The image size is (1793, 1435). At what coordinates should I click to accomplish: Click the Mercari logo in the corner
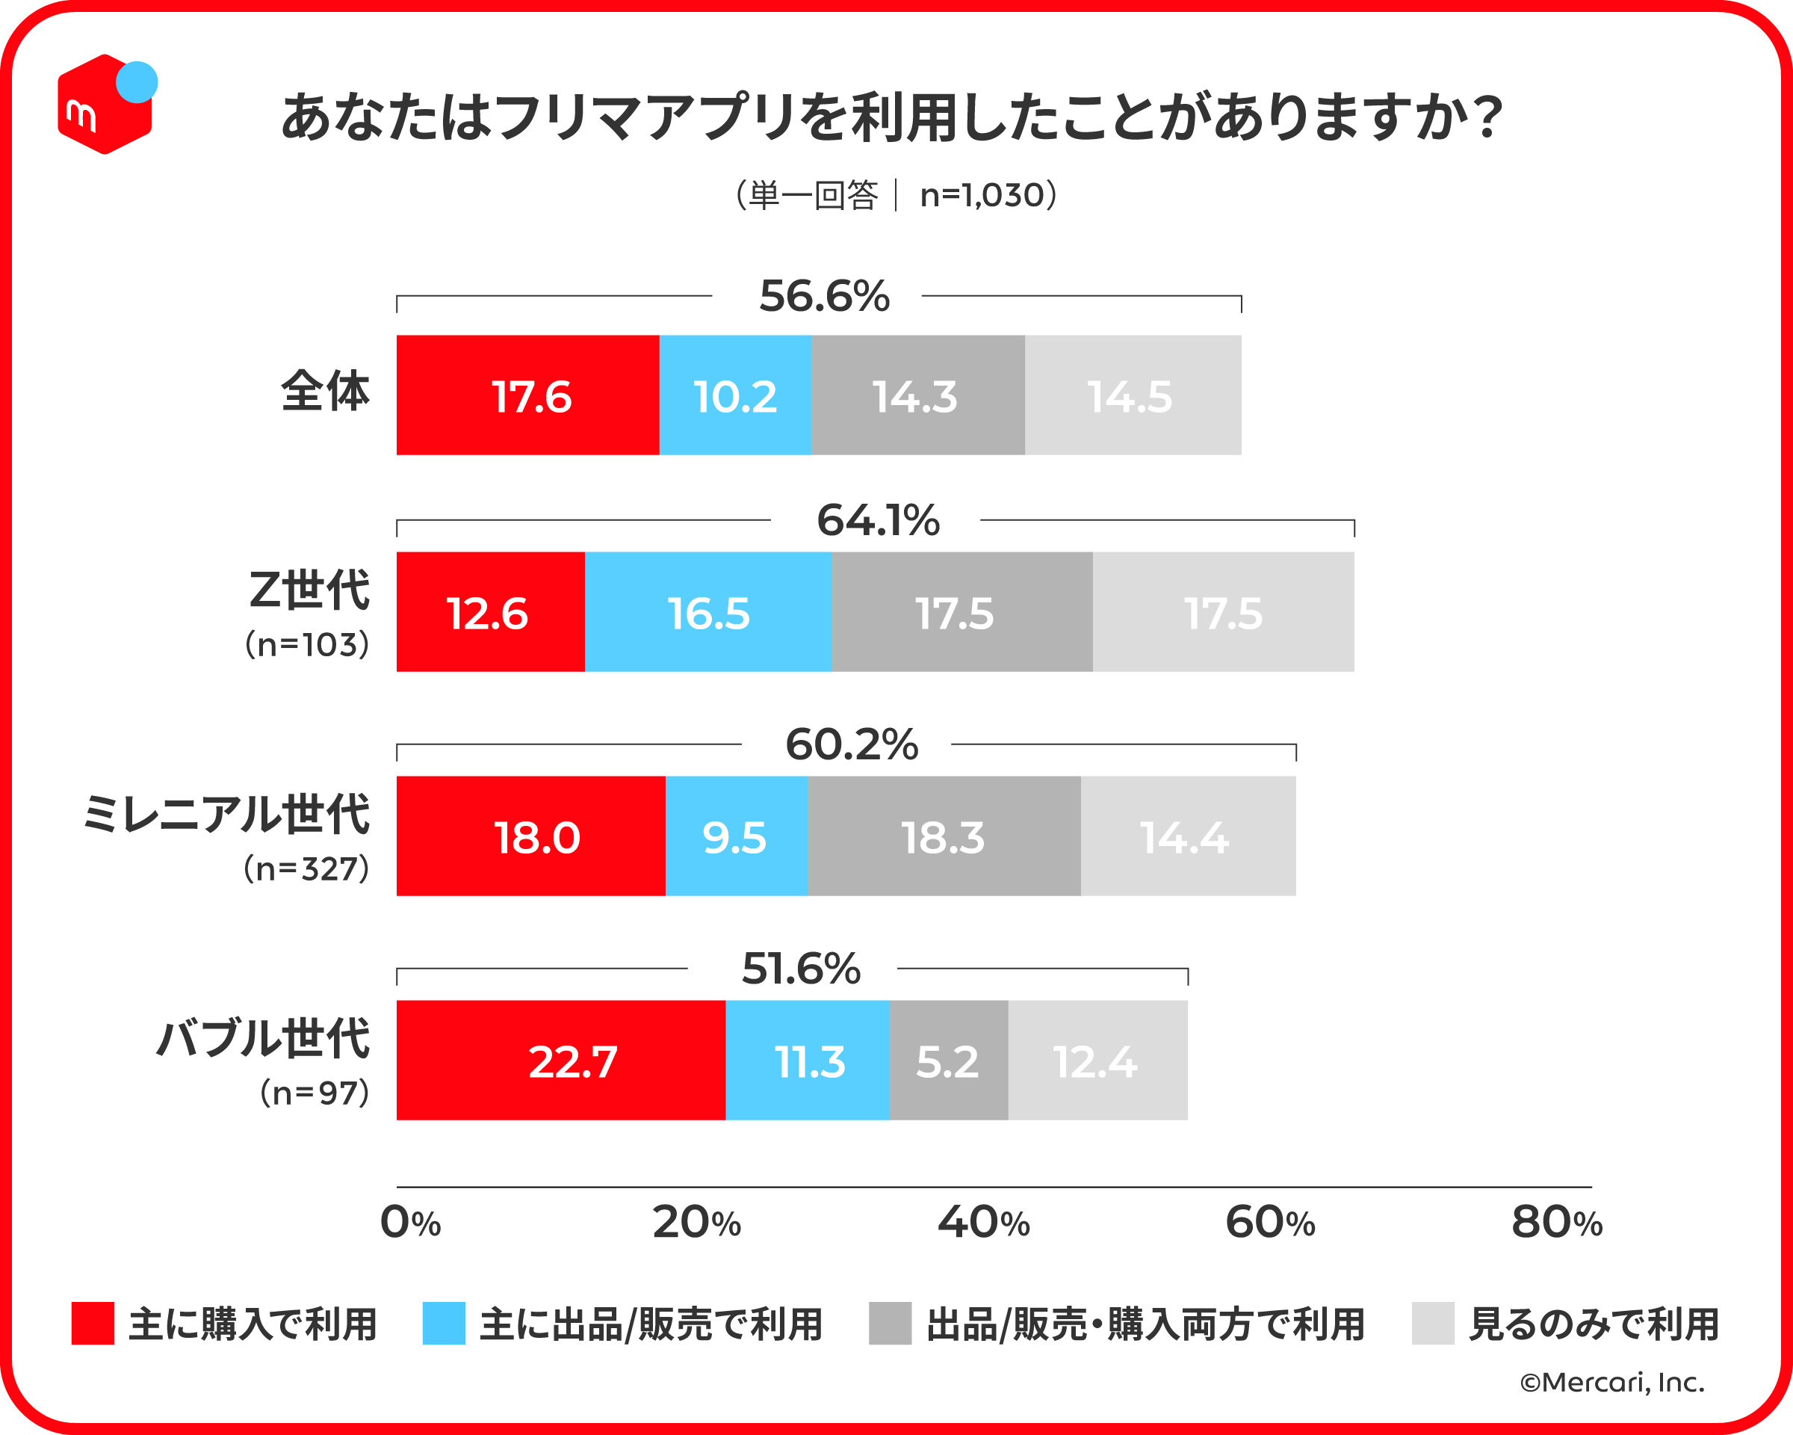pos(105,104)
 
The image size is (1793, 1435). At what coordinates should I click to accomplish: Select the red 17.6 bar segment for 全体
pos(527,395)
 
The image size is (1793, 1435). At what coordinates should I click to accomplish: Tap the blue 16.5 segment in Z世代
pos(707,612)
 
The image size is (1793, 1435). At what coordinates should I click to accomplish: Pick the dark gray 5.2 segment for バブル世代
pos(948,1061)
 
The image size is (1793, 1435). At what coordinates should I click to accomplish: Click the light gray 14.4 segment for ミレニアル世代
pos(1188,836)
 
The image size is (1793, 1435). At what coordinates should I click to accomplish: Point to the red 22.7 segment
pos(560,1061)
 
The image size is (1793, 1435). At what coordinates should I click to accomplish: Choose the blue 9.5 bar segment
pos(736,836)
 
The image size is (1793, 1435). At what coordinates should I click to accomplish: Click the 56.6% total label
pos(824,296)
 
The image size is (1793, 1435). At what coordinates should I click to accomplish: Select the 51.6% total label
pos(801,969)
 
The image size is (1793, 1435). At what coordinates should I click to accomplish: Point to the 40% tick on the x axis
pos(983,1223)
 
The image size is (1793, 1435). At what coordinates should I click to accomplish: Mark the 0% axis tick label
pos(410,1223)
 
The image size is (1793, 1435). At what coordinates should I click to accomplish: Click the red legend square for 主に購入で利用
pos(93,1324)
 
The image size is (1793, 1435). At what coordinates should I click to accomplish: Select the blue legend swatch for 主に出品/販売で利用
pos(443,1324)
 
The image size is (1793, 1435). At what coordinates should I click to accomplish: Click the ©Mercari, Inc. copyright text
pos(1611,1383)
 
